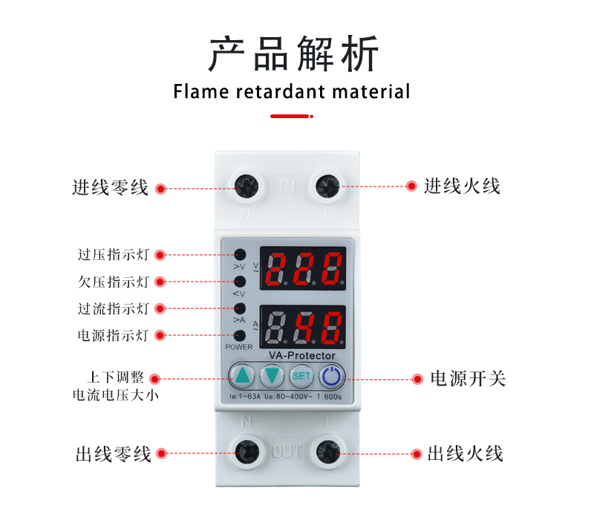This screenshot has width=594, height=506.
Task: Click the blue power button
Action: pyautogui.click(x=332, y=376)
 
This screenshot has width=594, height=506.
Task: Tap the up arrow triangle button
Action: pyautogui.click(x=242, y=376)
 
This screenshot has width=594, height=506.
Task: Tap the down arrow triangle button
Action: pyautogui.click(x=272, y=376)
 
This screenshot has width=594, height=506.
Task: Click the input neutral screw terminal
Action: pyautogui.click(x=247, y=186)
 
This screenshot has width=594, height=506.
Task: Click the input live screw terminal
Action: pyautogui.click(x=327, y=186)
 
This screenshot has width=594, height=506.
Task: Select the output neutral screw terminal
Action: pyautogui.click(x=247, y=453)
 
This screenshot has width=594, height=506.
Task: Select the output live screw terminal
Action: pyautogui.click(x=328, y=453)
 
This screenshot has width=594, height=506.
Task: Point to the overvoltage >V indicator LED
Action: pyautogui.click(x=240, y=255)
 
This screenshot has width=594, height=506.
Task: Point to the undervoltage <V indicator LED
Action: pyautogui.click(x=240, y=282)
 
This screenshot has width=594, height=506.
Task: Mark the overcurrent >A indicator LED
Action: pyautogui.click(x=240, y=308)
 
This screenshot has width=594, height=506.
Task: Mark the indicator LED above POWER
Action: pyautogui.click(x=240, y=335)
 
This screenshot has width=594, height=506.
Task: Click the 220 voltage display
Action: pyautogui.click(x=303, y=268)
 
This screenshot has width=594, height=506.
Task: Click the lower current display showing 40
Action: pyautogui.click(x=303, y=327)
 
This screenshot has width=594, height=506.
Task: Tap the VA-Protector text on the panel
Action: pyautogui.click(x=302, y=355)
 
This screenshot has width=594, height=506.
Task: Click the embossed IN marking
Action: pyautogui.click(x=287, y=186)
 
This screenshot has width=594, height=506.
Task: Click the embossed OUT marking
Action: pyautogui.click(x=287, y=452)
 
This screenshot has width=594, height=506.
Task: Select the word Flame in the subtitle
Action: pyautogui.click(x=201, y=91)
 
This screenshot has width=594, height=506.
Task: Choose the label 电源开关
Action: pyautogui.click(x=468, y=378)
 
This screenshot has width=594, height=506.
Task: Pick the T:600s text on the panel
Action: pyautogui.click(x=329, y=397)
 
